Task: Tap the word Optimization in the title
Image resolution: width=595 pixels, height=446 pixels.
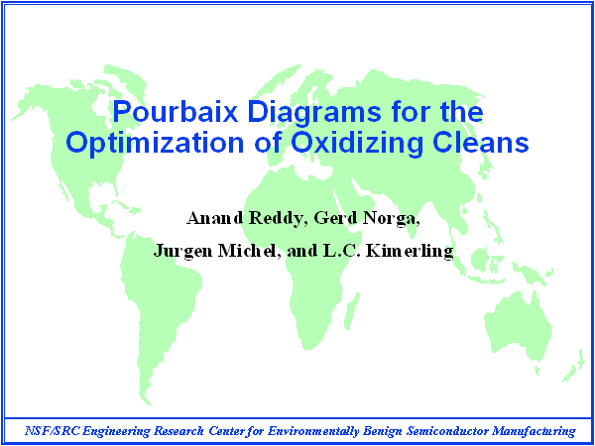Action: (x=154, y=144)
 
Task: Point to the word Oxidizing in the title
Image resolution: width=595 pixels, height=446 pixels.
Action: (x=357, y=144)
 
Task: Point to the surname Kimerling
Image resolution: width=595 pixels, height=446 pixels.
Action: (x=410, y=252)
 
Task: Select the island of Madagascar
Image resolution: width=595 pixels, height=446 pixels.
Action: (x=352, y=310)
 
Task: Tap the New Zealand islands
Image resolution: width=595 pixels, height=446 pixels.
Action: (x=574, y=366)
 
